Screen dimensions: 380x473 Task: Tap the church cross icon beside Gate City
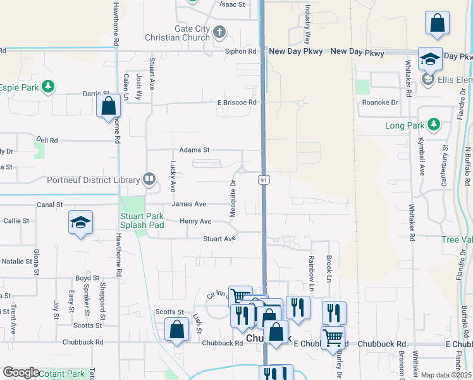[x=219, y=31]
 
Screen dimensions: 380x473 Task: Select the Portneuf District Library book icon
[x=149, y=180]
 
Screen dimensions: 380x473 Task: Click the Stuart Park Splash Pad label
[x=142, y=220]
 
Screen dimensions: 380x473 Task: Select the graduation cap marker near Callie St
[x=80, y=222]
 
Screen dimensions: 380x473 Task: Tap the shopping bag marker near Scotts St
[x=176, y=329]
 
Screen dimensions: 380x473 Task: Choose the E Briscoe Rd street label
[x=237, y=102]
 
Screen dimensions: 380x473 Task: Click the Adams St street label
[x=194, y=150]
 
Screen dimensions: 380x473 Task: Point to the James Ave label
[x=189, y=204]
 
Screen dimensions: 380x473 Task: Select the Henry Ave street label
[x=195, y=221]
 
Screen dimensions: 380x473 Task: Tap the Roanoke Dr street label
[x=379, y=102]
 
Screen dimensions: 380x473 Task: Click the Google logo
[x=20, y=372]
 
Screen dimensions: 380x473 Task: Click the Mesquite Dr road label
[x=233, y=199]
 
